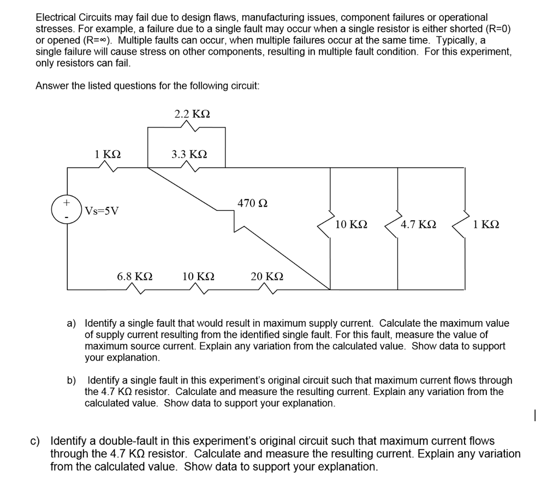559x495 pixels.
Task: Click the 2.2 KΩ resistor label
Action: pyautogui.click(x=192, y=114)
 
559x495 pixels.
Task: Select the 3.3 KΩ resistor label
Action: pyautogui.click(x=189, y=155)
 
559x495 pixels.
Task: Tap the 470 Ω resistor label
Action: pyautogui.click(x=252, y=203)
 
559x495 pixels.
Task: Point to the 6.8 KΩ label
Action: pyautogui.click(x=135, y=276)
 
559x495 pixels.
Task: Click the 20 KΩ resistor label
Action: pyautogui.click(x=266, y=276)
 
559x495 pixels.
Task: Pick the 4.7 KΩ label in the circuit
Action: pyautogui.click(x=418, y=225)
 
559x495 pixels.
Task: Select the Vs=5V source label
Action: pyautogui.click(x=103, y=211)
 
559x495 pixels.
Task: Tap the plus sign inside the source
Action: pyautogui.click(x=66, y=203)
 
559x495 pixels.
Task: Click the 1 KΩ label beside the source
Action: pyautogui.click(x=108, y=155)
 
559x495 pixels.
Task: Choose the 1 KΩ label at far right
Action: pyautogui.click(x=486, y=225)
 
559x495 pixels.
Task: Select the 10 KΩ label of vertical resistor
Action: pyautogui.click(x=351, y=225)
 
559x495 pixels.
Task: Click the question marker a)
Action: pyautogui.click(x=72, y=323)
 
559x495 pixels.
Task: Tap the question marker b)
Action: pyautogui.click(x=72, y=380)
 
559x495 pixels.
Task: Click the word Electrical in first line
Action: pyautogui.click(x=55, y=17)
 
